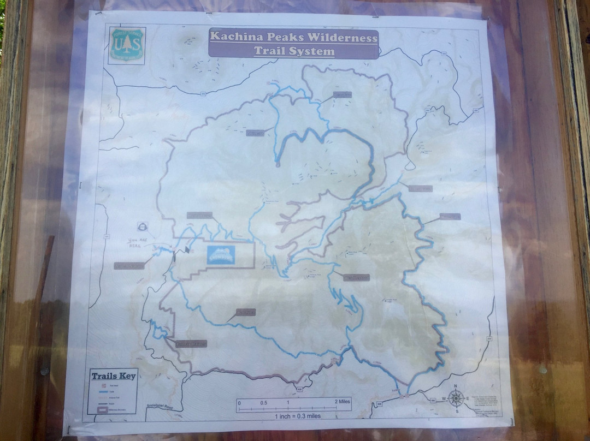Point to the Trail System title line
(294, 52)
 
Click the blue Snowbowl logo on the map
(221, 253)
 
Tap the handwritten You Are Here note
(138, 242)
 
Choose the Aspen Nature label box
(129, 266)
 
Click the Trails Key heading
(114, 376)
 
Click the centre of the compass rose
(456, 398)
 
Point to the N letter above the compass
(456, 388)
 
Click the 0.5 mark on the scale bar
(263, 403)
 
